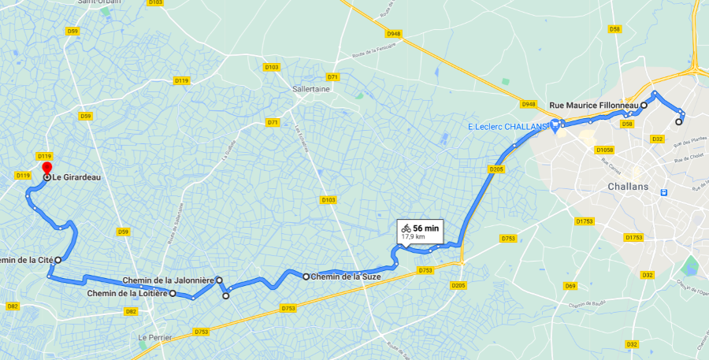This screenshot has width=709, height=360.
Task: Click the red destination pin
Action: tap(46, 168)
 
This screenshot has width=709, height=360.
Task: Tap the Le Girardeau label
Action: tap(79, 177)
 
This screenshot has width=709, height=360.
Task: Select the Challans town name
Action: tap(628, 187)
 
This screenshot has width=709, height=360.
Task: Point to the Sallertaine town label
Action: tap(311, 89)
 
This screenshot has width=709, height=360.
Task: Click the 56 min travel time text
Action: tap(426, 228)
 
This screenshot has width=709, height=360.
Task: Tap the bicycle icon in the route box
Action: tap(406, 228)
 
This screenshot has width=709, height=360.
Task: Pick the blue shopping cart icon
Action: tap(555, 124)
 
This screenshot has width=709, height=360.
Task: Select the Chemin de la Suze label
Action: tap(347, 276)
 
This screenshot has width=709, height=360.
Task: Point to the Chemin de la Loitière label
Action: tap(128, 293)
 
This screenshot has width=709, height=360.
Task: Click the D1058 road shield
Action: tap(605, 150)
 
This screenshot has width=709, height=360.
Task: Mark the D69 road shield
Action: tap(570, 285)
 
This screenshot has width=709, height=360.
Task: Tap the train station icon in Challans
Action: tap(664, 191)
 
